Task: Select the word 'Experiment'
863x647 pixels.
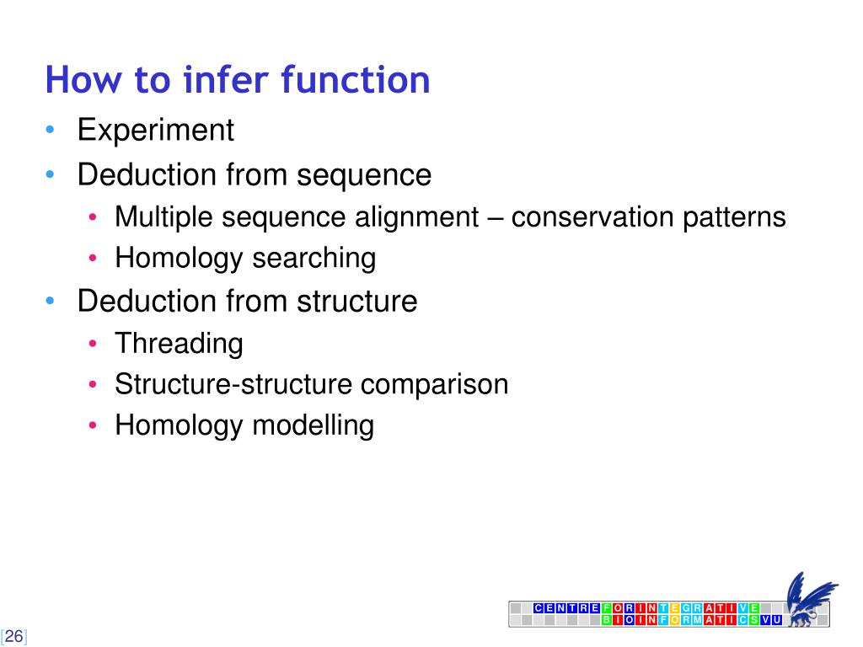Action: coord(155,131)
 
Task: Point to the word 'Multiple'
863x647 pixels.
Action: coord(164,217)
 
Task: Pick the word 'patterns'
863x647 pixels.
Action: coord(733,217)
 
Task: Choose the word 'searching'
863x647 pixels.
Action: coord(314,258)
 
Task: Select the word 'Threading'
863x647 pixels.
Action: coord(179,343)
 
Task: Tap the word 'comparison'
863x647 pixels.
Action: coord(435,384)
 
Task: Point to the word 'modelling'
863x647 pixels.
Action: coord(313,425)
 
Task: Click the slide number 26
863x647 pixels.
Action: coord(14,636)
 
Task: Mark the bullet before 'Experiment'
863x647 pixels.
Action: coord(51,131)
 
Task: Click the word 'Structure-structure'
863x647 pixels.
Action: coord(233,384)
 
